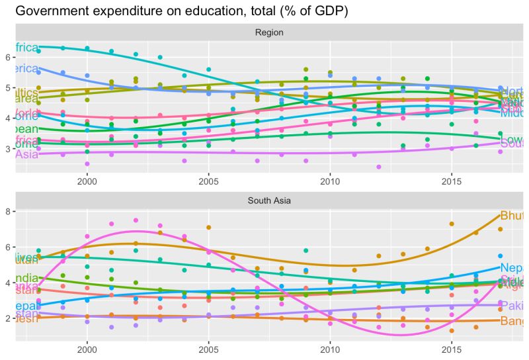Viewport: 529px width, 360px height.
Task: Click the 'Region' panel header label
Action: (269, 32)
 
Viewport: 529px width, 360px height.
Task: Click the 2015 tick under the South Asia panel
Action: (451, 349)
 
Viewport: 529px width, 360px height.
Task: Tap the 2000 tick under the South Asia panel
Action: (87, 349)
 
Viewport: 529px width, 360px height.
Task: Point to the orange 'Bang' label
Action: (512, 322)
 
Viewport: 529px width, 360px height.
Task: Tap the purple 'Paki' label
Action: (512, 306)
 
